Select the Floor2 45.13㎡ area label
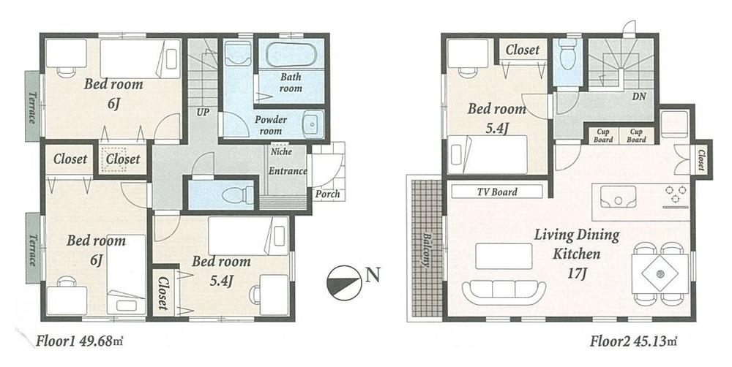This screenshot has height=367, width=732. [634, 341]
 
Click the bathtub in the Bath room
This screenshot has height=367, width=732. [291, 56]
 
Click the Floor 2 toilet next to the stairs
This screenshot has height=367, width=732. [567, 56]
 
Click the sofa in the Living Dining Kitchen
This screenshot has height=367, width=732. [504, 291]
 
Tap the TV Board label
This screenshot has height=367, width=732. [497, 192]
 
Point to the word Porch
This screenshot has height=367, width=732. [326, 194]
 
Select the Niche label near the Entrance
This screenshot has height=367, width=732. [279, 153]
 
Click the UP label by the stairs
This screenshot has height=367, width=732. [201, 113]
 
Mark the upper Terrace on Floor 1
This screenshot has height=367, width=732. [33, 106]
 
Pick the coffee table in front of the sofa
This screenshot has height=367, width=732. [504, 256]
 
